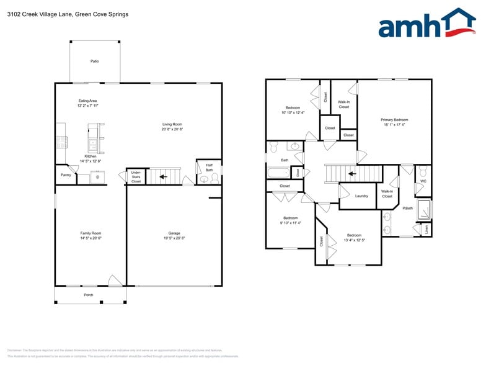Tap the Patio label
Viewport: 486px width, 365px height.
click(x=95, y=61)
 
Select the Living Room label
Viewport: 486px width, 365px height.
click(x=172, y=124)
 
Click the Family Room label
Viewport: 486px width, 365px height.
click(x=91, y=233)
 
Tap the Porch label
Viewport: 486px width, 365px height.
click(x=89, y=295)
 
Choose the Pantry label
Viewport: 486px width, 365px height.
click(x=66, y=175)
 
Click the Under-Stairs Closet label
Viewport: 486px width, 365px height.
click(x=136, y=176)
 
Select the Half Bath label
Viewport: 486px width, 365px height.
click(x=209, y=168)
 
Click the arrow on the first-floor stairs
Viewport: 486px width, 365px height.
click(x=162, y=177)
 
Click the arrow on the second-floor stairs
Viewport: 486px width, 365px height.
click(x=351, y=174)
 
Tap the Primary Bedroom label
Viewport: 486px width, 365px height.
click(x=394, y=120)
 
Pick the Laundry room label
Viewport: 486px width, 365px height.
click(x=362, y=196)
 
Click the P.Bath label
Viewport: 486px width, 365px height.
click(x=408, y=208)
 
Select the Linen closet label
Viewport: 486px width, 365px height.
click(x=426, y=229)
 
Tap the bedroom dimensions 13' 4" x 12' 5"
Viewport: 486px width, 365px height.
click(x=354, y=240)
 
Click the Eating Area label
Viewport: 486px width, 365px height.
click(x=87, y=101)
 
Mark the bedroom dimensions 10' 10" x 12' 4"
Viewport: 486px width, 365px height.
click(x=293, y=112)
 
